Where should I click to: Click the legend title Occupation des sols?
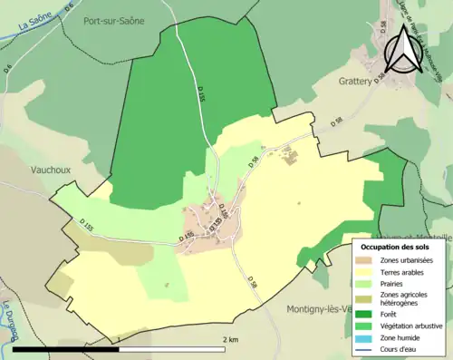tap(397, 247)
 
